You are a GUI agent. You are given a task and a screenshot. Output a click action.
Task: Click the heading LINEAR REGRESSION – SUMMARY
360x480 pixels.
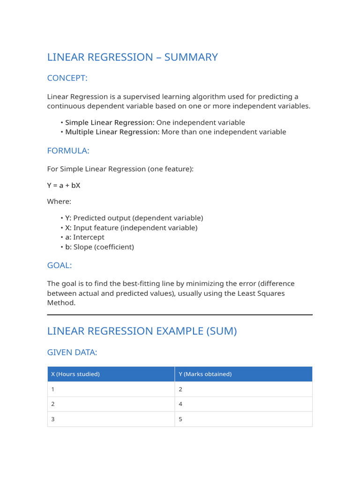(132, 57)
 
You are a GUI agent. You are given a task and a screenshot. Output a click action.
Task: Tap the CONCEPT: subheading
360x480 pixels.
(67, 78)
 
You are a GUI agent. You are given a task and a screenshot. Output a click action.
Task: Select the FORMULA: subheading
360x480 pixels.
(68, 150)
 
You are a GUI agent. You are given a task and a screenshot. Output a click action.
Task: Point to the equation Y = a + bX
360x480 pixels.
(63, 185)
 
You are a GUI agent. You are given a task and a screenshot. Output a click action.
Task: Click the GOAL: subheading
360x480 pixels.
(60, 265)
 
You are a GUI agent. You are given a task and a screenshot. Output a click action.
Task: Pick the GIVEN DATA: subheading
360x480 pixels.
(72, 352)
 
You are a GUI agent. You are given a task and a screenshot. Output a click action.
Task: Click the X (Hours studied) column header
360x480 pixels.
(75, 374)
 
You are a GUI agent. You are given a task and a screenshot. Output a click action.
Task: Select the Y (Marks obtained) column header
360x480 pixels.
(205, 374)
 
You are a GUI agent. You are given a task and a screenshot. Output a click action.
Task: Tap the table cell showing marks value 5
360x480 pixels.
(180, 419)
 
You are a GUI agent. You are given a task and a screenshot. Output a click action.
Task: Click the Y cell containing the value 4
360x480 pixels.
(180, 404)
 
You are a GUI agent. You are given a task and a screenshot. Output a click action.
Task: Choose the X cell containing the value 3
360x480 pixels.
(53, 419)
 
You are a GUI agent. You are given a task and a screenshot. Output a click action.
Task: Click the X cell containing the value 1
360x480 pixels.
(53, 389)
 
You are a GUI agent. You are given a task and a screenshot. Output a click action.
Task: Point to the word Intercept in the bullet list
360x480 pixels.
(89, 237)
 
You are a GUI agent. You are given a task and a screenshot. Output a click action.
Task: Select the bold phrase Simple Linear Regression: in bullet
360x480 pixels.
(110, 122)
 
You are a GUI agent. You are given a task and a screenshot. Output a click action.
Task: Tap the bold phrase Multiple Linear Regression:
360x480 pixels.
(112, 132)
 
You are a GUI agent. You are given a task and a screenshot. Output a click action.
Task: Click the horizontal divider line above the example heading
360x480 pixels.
(180, 315)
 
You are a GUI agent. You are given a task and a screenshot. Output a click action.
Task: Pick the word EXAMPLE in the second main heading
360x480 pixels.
(180, 331)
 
